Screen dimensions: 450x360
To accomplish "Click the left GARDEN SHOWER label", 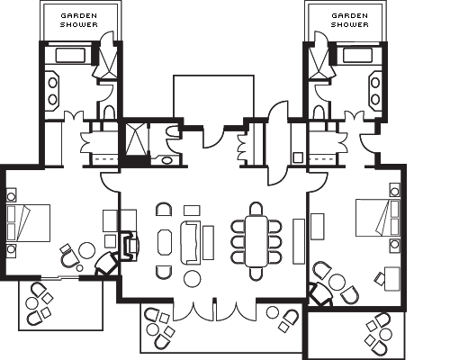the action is click(79, 20).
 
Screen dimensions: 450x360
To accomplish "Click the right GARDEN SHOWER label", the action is click(349, 20).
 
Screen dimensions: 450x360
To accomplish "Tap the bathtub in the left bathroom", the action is click(70, 55).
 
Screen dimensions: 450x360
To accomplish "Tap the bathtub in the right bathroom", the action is click(357, 55).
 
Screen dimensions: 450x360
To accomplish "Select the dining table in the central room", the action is click(256, 241).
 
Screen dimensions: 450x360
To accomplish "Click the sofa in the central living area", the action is click(190, 243).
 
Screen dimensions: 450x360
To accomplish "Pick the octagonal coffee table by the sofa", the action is click(165, 242).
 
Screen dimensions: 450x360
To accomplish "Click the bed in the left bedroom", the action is click(28, 223).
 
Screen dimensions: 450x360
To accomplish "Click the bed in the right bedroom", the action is click(377, 218).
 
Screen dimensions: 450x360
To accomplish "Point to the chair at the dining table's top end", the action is click(256, 208).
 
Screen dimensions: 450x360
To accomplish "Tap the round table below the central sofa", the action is click(192, 279).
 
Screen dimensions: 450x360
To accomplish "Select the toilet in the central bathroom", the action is click(173, 132).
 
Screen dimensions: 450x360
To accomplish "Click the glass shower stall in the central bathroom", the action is click(137, 139).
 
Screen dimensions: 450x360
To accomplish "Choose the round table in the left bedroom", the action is click(87, 250).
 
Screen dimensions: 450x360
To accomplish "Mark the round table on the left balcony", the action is click(31, 303).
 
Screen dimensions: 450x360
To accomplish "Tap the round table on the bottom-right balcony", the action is click(385, 334).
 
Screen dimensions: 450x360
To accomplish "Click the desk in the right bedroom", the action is click(391, 279).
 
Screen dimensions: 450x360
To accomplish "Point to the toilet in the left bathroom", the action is click(109, 112).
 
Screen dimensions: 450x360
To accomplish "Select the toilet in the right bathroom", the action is click(319, 112).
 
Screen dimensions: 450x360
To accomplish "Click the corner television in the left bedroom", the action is click(106, 264).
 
